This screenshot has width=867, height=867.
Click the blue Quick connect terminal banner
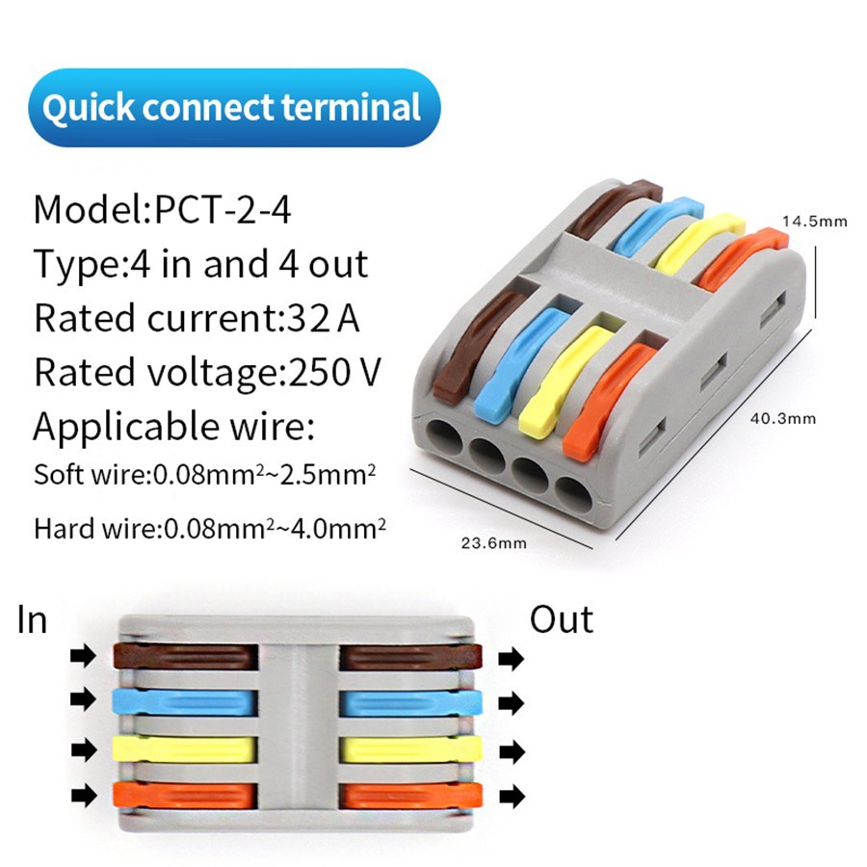click(x=234, y=107)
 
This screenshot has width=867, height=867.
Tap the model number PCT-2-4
click(x=223, y=210)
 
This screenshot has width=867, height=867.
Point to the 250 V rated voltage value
click(x=334, y=372)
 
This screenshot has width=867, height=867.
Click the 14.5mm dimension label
click(x=814, y=222)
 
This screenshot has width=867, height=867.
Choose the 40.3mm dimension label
click(x=783, y=419)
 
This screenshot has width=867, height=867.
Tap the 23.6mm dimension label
click(x=494, y=543)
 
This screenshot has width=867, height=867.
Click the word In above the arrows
click(x=32, y=619)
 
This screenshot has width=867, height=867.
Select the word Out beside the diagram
click(x=562, y=619)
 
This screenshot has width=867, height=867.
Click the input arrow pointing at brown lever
click(x=84, y=656)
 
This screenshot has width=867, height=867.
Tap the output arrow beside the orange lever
click(x=512, y=797)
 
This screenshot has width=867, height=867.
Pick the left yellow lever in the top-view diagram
click(x=184, y=749)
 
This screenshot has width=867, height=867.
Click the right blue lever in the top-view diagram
click(x=410, y=703)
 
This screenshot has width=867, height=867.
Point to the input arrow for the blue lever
click(x=84, y=699)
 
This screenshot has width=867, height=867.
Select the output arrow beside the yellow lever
click(x=512, y=752)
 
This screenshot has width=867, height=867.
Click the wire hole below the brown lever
click(x=444, y=439)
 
